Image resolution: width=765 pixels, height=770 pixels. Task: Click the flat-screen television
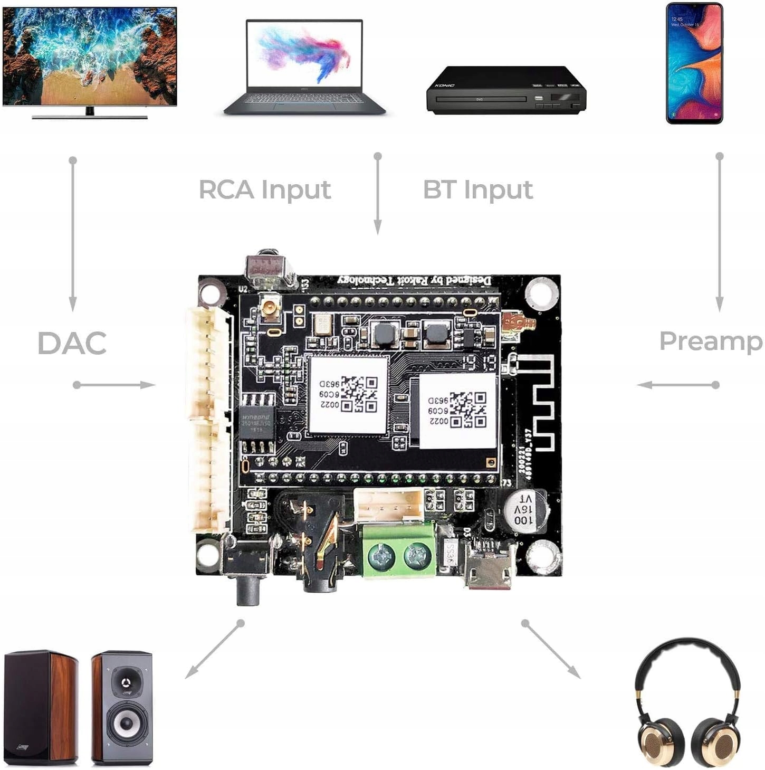point(90,58)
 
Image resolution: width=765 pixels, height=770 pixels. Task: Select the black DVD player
point(505,90)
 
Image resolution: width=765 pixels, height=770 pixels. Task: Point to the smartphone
point(694,63)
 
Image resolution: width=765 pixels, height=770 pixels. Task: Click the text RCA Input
point(265,190)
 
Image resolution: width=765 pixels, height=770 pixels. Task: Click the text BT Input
point(478,190)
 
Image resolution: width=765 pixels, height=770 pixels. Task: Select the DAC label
point(72,343)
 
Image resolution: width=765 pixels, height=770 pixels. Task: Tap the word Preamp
point(711,341)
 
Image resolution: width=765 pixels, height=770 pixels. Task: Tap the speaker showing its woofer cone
point(122,707)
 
